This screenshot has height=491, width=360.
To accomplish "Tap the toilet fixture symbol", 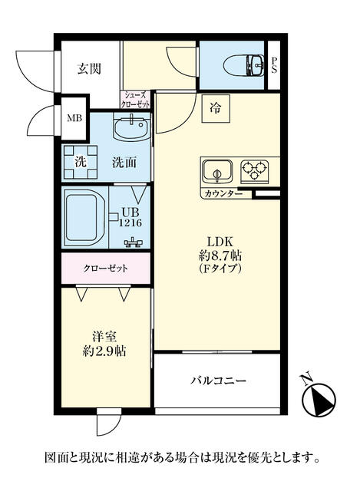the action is point(244,65).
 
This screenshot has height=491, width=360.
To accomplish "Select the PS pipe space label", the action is point(274,65).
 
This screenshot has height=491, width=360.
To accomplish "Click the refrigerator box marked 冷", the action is point(216,108).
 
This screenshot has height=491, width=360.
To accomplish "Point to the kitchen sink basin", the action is point(217,171).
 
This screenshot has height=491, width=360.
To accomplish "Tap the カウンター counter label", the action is point(223,194).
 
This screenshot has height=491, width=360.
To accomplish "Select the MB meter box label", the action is point(74,118).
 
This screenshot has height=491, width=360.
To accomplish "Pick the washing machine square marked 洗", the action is point(81,162).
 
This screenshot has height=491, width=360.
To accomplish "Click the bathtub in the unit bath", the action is point(84,218).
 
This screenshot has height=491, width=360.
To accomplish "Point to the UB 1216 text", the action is point(130,217).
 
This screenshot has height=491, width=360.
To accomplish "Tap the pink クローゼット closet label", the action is point(105,269).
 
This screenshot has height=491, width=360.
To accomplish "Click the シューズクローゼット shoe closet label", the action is point(135,100).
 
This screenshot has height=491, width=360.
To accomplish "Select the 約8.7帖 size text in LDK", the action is point(220,255).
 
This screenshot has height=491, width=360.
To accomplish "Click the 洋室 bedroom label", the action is point(104,337).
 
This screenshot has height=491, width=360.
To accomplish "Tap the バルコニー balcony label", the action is point(219,381).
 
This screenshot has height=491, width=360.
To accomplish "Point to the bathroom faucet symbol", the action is point(134,242).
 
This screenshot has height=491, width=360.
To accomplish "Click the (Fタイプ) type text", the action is point(220,269).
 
